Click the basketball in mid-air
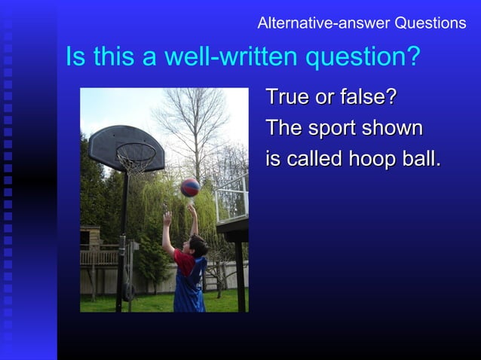[190, 187]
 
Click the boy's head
[197, 246]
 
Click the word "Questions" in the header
[430, 23]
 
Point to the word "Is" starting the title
[75, 57]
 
